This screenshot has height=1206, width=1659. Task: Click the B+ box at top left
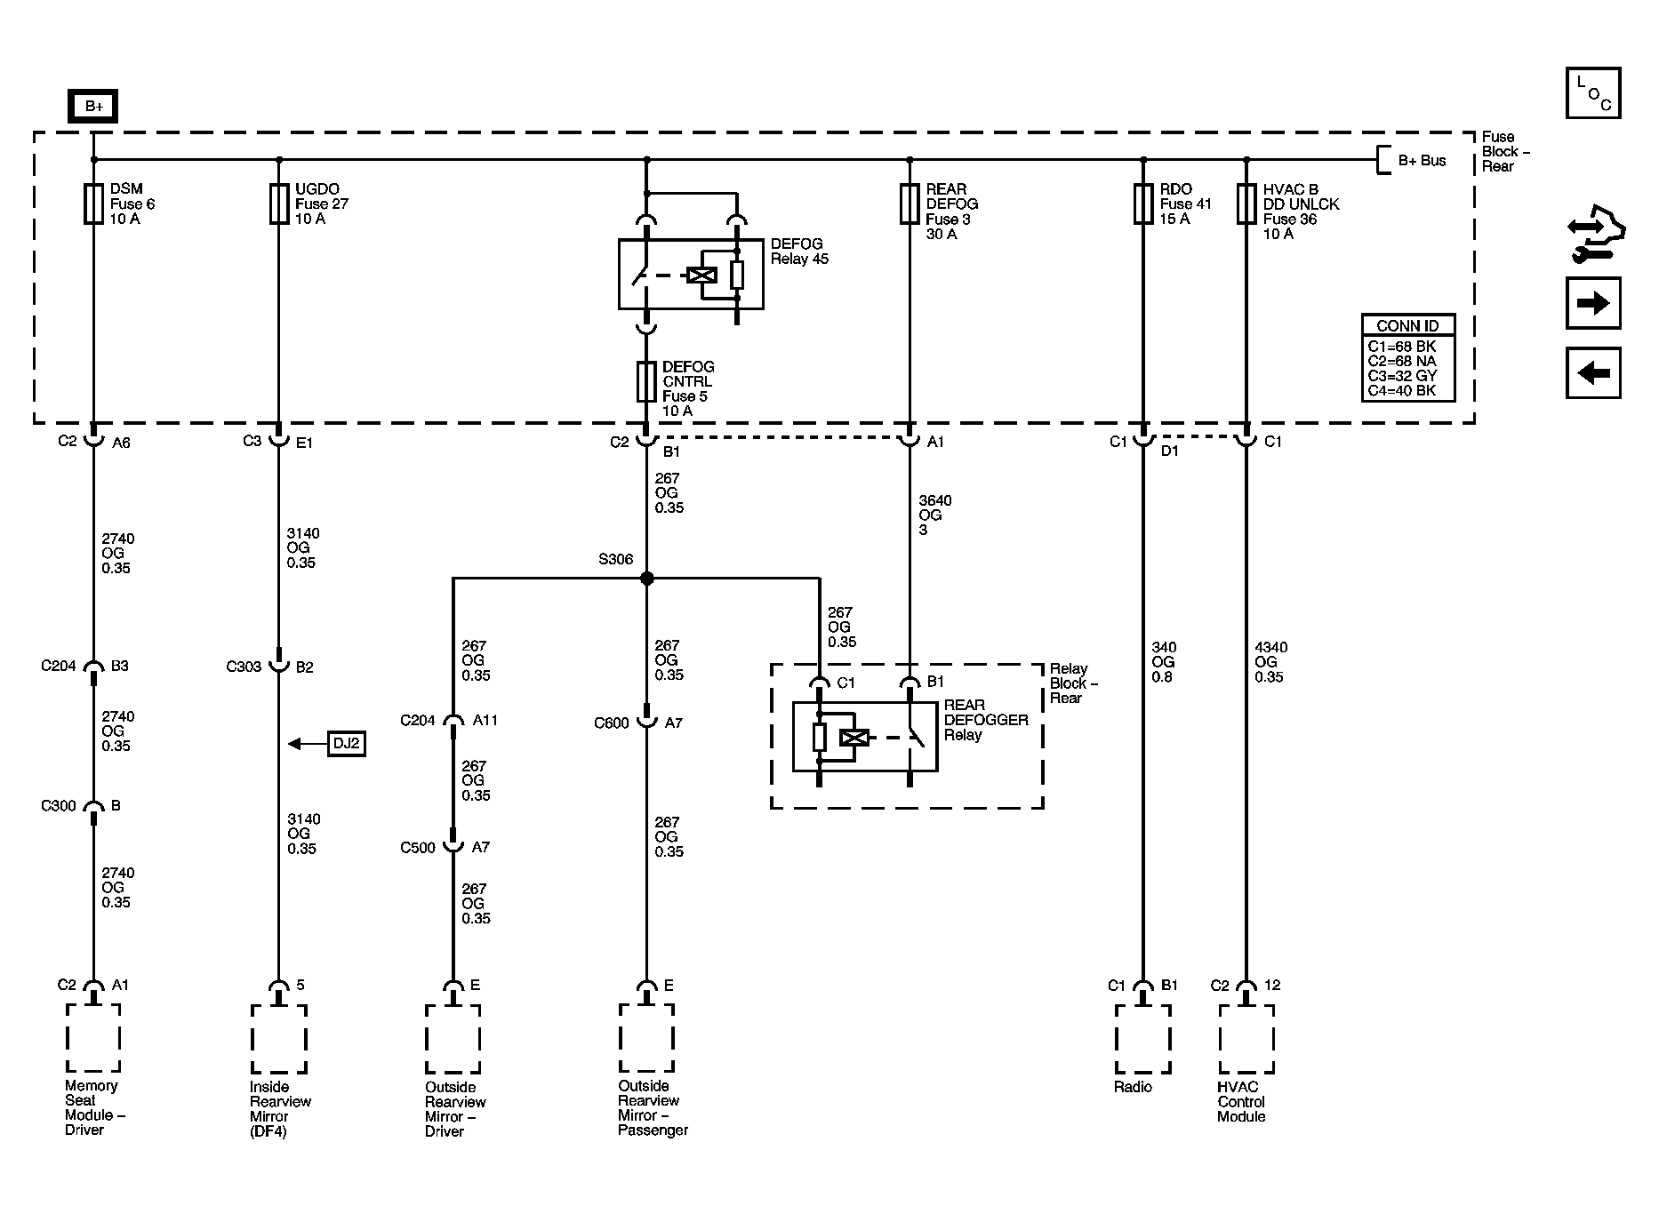click(93, 107)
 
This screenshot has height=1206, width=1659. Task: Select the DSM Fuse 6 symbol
click(93, 204)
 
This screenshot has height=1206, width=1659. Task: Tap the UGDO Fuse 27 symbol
click(279, 204)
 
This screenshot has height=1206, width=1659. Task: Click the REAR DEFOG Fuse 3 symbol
click(910, 204)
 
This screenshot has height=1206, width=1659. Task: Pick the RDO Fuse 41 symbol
click(1143, 204)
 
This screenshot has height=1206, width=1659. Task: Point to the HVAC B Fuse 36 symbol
click(1246, 204)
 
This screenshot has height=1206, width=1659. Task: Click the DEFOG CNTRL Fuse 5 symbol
click(647, 381)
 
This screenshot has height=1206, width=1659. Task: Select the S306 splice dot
click(647, 579)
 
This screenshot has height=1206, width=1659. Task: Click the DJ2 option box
click(346, 743)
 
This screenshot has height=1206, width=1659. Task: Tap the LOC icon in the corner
click(1593, 92)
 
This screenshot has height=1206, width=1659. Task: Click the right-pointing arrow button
click(1593, 303)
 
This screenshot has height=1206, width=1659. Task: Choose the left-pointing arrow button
click(1593, 372)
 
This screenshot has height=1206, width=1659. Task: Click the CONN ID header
click(1407, 325)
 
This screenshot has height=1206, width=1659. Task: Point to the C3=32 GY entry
click(1402, 376)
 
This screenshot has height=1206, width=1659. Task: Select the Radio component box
click(1143, 1039)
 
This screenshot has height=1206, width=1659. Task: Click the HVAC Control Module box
click(1246, 1039)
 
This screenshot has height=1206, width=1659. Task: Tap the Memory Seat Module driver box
click(93, 1038)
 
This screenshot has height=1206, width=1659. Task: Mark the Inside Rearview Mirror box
click(279, 1039)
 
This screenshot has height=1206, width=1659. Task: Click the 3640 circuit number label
click(935, 500)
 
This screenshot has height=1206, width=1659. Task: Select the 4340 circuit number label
click(1270, 647)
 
